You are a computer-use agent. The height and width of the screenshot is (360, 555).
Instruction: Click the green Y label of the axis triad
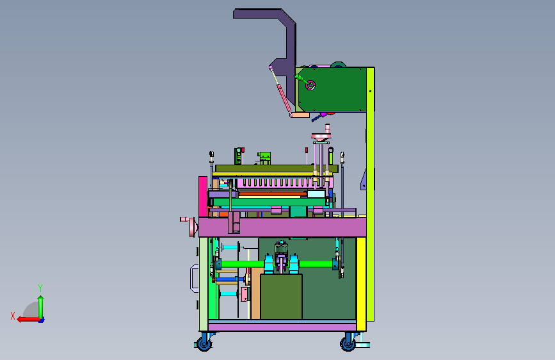(x=40, y=288)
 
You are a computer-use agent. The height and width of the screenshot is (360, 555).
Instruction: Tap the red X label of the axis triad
(x=13, y=316)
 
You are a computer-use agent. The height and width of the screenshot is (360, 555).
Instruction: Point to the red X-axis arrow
(x=28, y=320)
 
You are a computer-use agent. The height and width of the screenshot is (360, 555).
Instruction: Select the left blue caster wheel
(x=204, y=343)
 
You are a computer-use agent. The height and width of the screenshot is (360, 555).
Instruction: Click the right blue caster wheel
(x=348, y=344)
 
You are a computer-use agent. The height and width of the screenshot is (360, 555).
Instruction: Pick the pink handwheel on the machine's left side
(x=192, y=227)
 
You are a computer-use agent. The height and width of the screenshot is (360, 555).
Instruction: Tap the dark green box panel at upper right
(x=333, y=89)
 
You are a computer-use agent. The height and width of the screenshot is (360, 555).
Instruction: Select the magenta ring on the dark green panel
(x=310, y=85)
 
